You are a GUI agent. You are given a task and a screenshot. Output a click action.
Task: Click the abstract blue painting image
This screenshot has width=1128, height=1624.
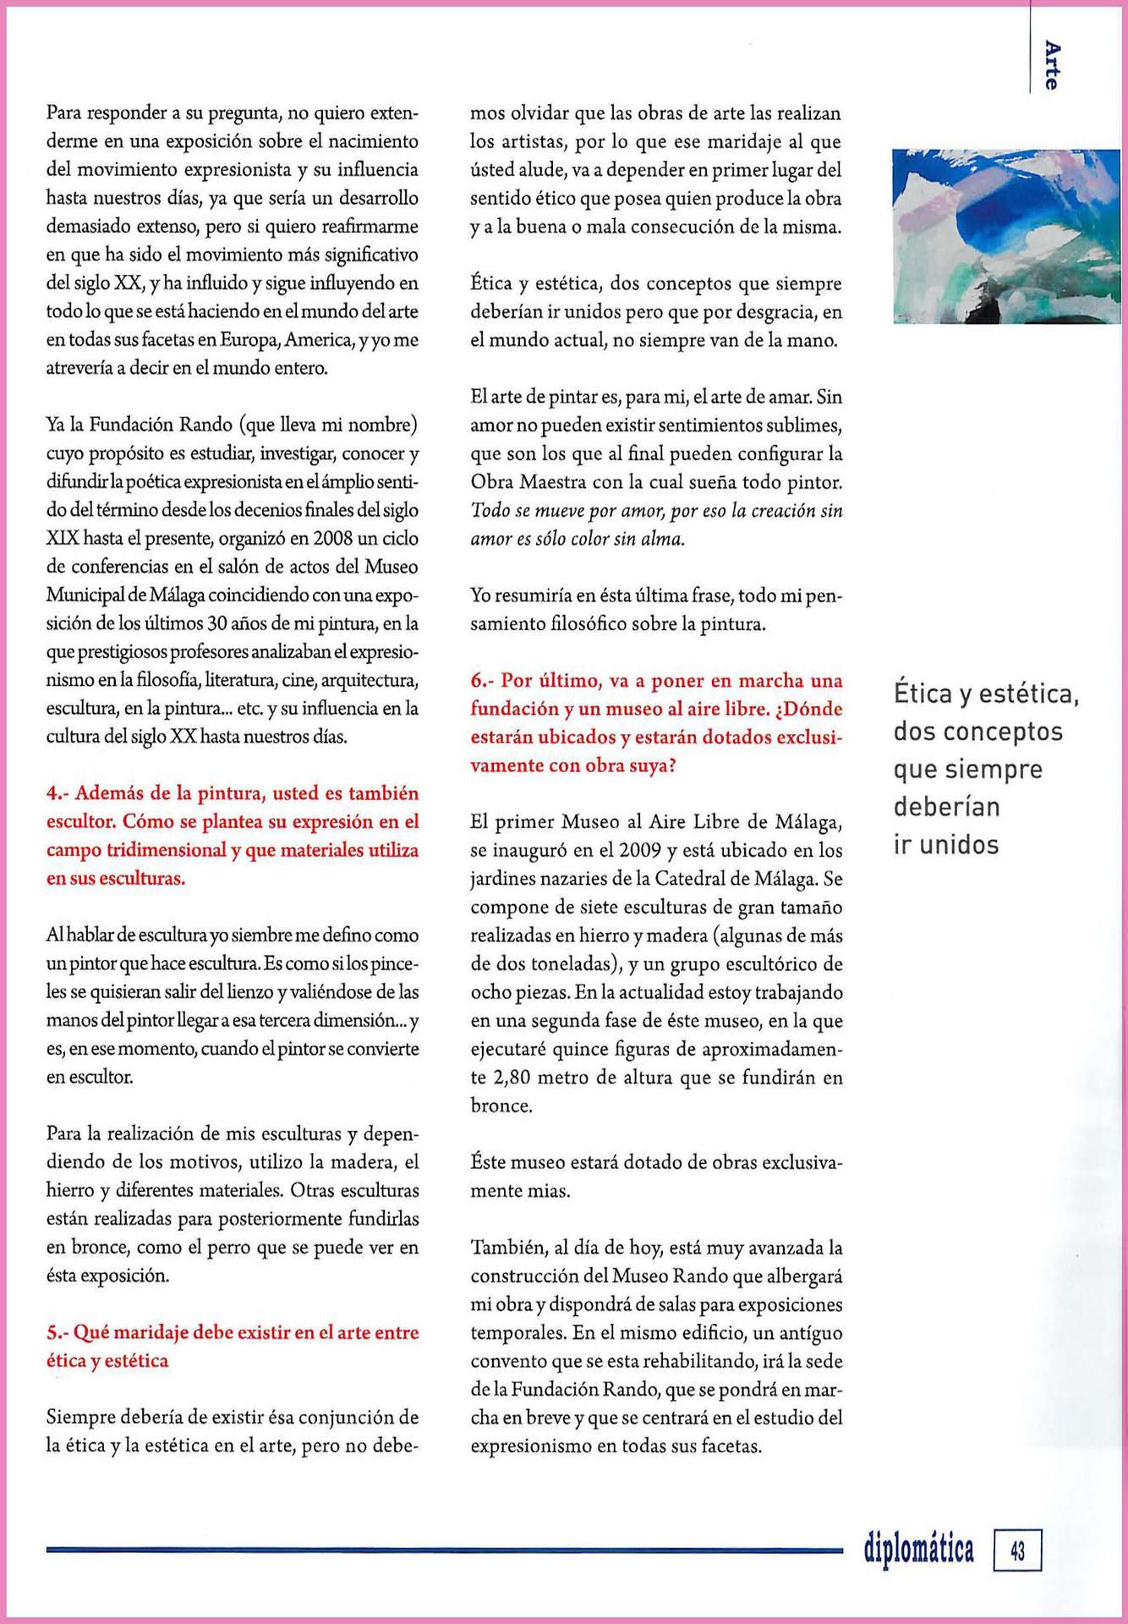pyautogui.click(x=1010, y=237)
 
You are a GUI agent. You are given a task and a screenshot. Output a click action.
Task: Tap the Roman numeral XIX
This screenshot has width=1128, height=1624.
pyautogui.click(x=62, y=539)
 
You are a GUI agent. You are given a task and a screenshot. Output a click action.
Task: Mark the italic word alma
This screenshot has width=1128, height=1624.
pyautogui.click(x=661, y=539)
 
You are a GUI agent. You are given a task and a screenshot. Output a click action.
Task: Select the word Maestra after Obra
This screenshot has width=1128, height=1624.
pyautogui.click(x=557, y=482)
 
